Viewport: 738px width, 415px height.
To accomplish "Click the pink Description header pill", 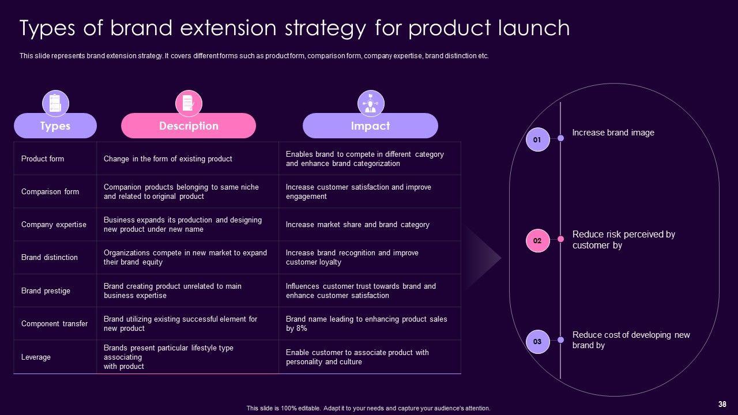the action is tap(189, 126).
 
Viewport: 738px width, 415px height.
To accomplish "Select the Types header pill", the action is tap(55, 126).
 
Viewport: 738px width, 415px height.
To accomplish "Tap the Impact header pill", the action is tap(370, 126).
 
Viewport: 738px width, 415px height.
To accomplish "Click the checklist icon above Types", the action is tap(55, 103).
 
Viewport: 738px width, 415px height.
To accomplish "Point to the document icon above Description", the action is tap(189, 103).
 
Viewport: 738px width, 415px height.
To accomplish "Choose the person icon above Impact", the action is tap(371, 103).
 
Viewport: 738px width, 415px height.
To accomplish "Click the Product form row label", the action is tap(43, 159).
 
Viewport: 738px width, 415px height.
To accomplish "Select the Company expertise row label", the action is tap(54, 225).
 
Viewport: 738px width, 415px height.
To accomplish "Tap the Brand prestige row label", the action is tap(46, 291).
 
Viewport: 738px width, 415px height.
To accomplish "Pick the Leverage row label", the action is tap(36, 357).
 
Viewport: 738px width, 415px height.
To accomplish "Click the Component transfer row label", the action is tap(54, 324).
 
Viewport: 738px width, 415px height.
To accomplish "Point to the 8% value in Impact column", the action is tap(301, 329).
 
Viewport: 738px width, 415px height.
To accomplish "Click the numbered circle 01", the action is tap(538, 139).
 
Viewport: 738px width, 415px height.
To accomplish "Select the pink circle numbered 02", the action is tap(538, 241).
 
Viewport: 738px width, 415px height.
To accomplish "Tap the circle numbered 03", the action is tap(538, 342).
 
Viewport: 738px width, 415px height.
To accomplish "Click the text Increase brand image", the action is tap(613, 133).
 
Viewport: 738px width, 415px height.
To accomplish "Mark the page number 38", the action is tap(722, 404).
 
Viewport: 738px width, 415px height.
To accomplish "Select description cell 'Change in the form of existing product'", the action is tap(168, 159).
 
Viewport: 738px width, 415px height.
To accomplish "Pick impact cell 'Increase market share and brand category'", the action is tap(357, 225).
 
